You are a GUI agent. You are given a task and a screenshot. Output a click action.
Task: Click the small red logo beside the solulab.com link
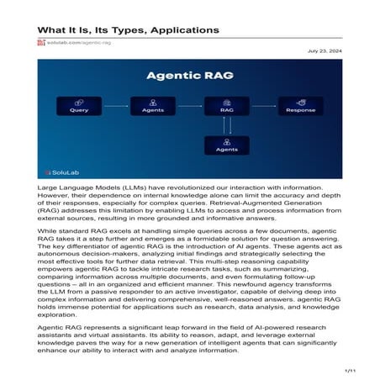click(x=41, y=42)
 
